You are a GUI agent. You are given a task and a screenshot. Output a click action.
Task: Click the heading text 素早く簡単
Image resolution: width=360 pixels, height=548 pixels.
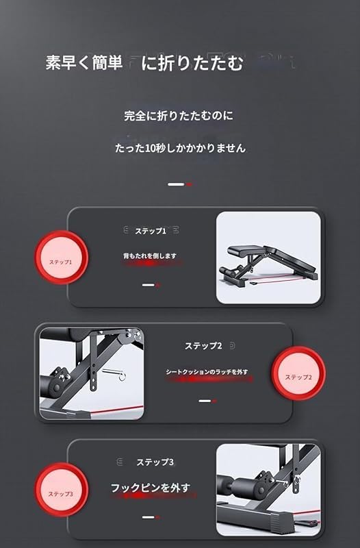(83, 64)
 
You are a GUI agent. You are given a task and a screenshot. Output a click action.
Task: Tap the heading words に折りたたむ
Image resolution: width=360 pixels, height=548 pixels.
(192, 64)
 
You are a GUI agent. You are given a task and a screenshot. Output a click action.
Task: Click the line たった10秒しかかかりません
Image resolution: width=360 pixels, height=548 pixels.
(179, 147)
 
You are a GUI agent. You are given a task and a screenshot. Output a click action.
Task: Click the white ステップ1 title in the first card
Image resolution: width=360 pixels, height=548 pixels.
(151, 231)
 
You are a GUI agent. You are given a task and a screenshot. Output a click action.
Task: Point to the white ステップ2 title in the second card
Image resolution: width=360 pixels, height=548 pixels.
(203, 346)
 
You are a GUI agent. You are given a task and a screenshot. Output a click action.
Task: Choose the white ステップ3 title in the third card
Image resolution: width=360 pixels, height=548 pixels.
(154, 462)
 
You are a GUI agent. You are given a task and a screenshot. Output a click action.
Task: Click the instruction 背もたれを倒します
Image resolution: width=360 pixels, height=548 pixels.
(150, 256)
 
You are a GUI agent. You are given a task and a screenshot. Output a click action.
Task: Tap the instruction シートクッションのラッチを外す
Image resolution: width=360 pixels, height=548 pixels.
(207, 371)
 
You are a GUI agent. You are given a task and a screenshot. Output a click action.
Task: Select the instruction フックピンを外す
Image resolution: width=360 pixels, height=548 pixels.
(151, 488)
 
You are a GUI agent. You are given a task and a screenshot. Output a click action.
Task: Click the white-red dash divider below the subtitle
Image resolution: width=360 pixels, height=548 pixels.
(180, 184)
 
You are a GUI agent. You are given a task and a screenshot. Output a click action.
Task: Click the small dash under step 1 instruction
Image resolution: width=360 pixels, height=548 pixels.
(151, 284)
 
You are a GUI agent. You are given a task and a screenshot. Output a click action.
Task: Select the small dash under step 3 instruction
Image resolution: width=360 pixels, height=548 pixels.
(151, 517)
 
